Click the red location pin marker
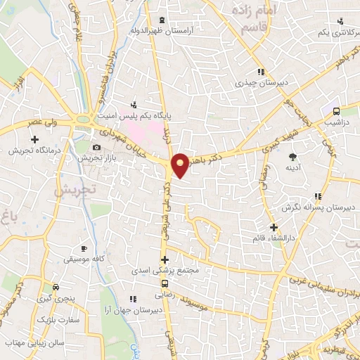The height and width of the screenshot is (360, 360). (180, 164)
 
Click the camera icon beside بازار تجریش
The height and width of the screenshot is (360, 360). (96, 147)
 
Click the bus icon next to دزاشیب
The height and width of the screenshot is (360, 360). (336, 110)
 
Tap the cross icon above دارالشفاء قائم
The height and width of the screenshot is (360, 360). (274, 227)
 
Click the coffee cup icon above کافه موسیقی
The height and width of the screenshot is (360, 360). (84, 249)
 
